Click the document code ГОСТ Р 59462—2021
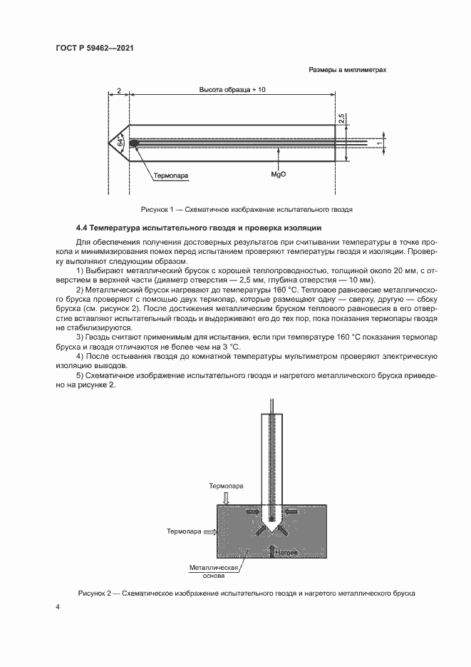95,49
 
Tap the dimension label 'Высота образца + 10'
232,91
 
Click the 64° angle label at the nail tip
120,143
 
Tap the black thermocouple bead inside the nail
133,142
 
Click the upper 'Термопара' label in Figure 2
226,485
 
